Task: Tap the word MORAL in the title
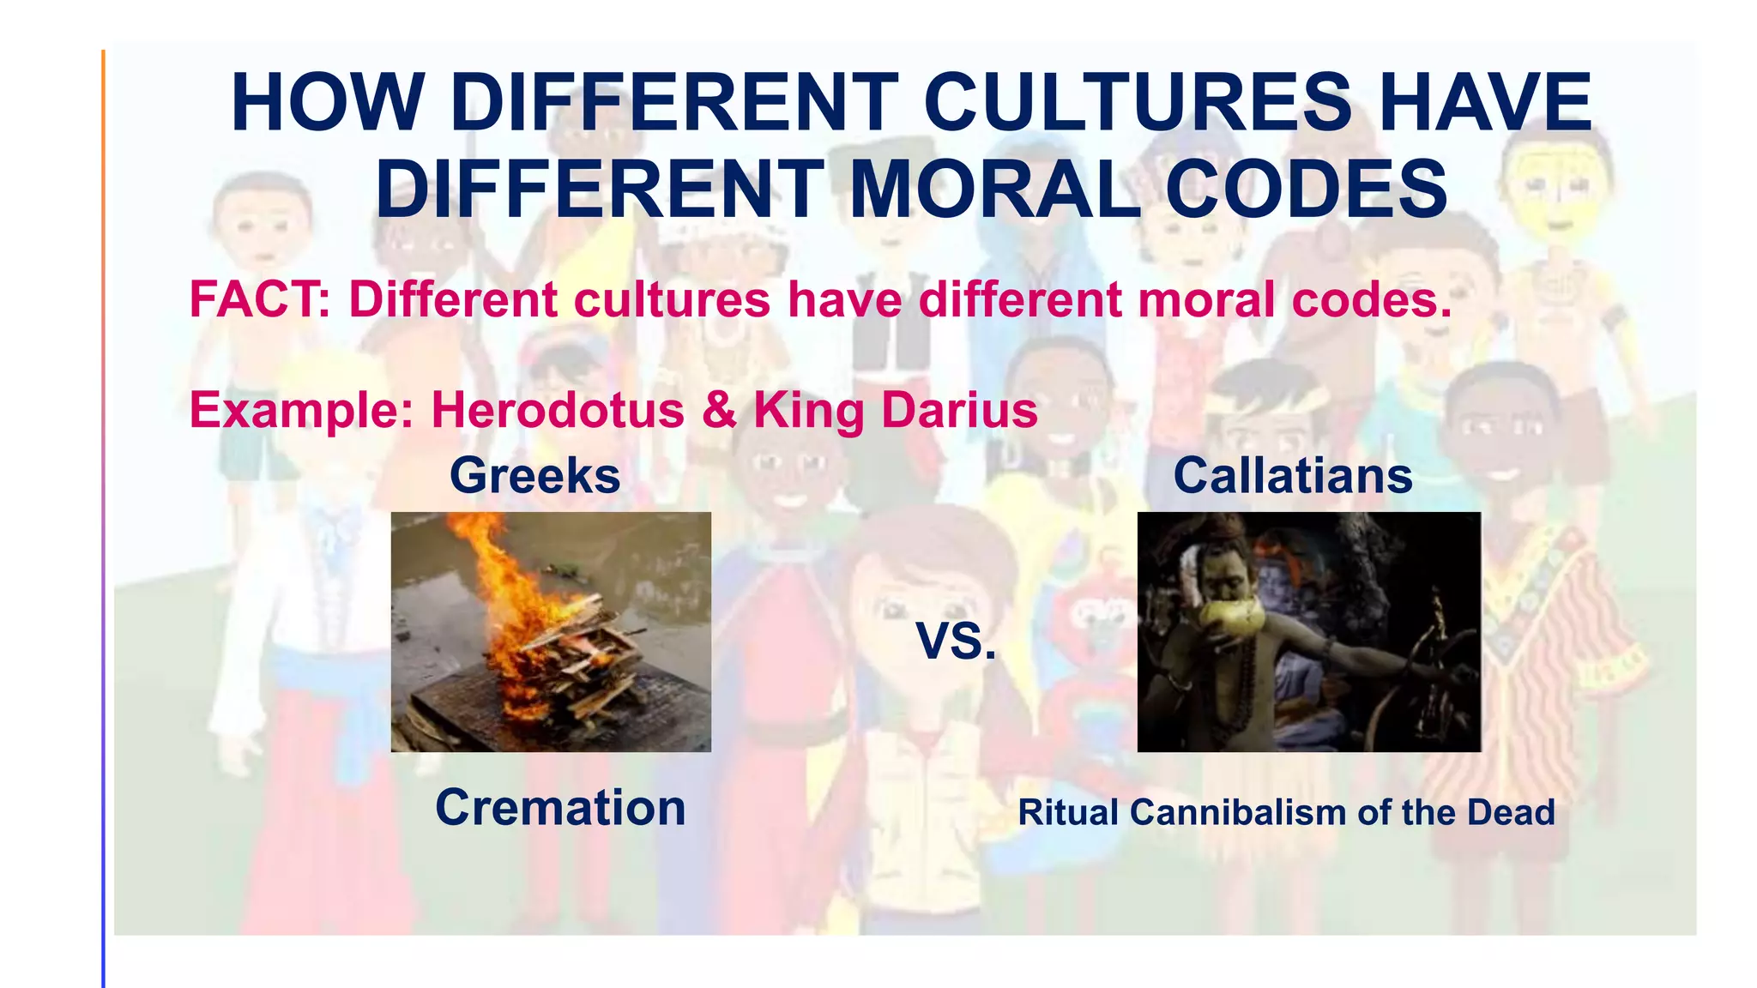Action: pos(993,190)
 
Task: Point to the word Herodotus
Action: pos(558,410)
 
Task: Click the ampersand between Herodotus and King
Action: pos(719,410)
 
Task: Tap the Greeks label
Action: pos(534,476)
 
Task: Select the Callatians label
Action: pos(1292,476)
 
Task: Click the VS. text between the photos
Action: pos(956,642)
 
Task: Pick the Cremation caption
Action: pos(560,808)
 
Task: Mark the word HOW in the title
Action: pos(326,103)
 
